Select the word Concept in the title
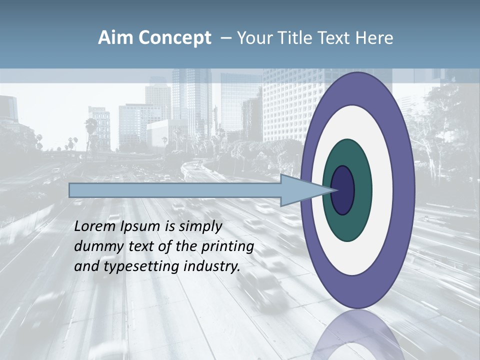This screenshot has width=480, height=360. [174, 38]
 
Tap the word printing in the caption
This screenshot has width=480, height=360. [227, 246]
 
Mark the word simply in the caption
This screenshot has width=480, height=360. [200, 226]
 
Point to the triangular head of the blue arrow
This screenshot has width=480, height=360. [300, 190]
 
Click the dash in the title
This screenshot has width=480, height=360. [225, 38]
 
